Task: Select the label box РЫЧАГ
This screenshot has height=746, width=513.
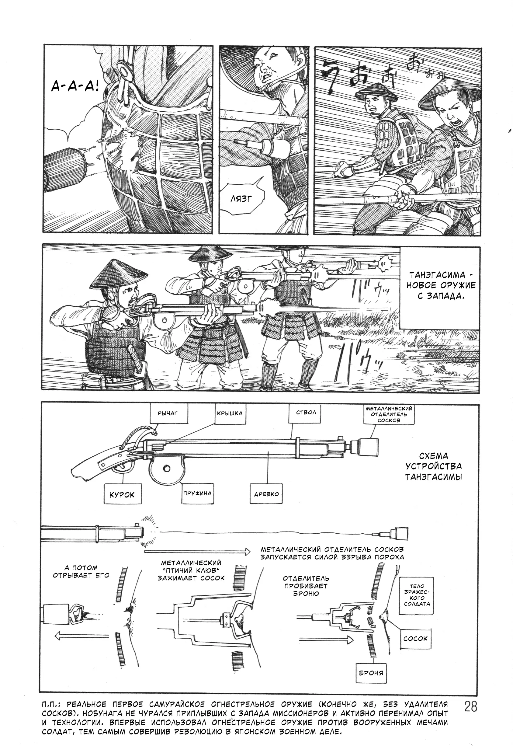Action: pos(168,413)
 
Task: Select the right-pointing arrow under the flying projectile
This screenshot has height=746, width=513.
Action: pos(197,552)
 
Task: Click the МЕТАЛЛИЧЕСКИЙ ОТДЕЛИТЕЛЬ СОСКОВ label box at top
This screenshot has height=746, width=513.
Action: pos(389,414)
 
